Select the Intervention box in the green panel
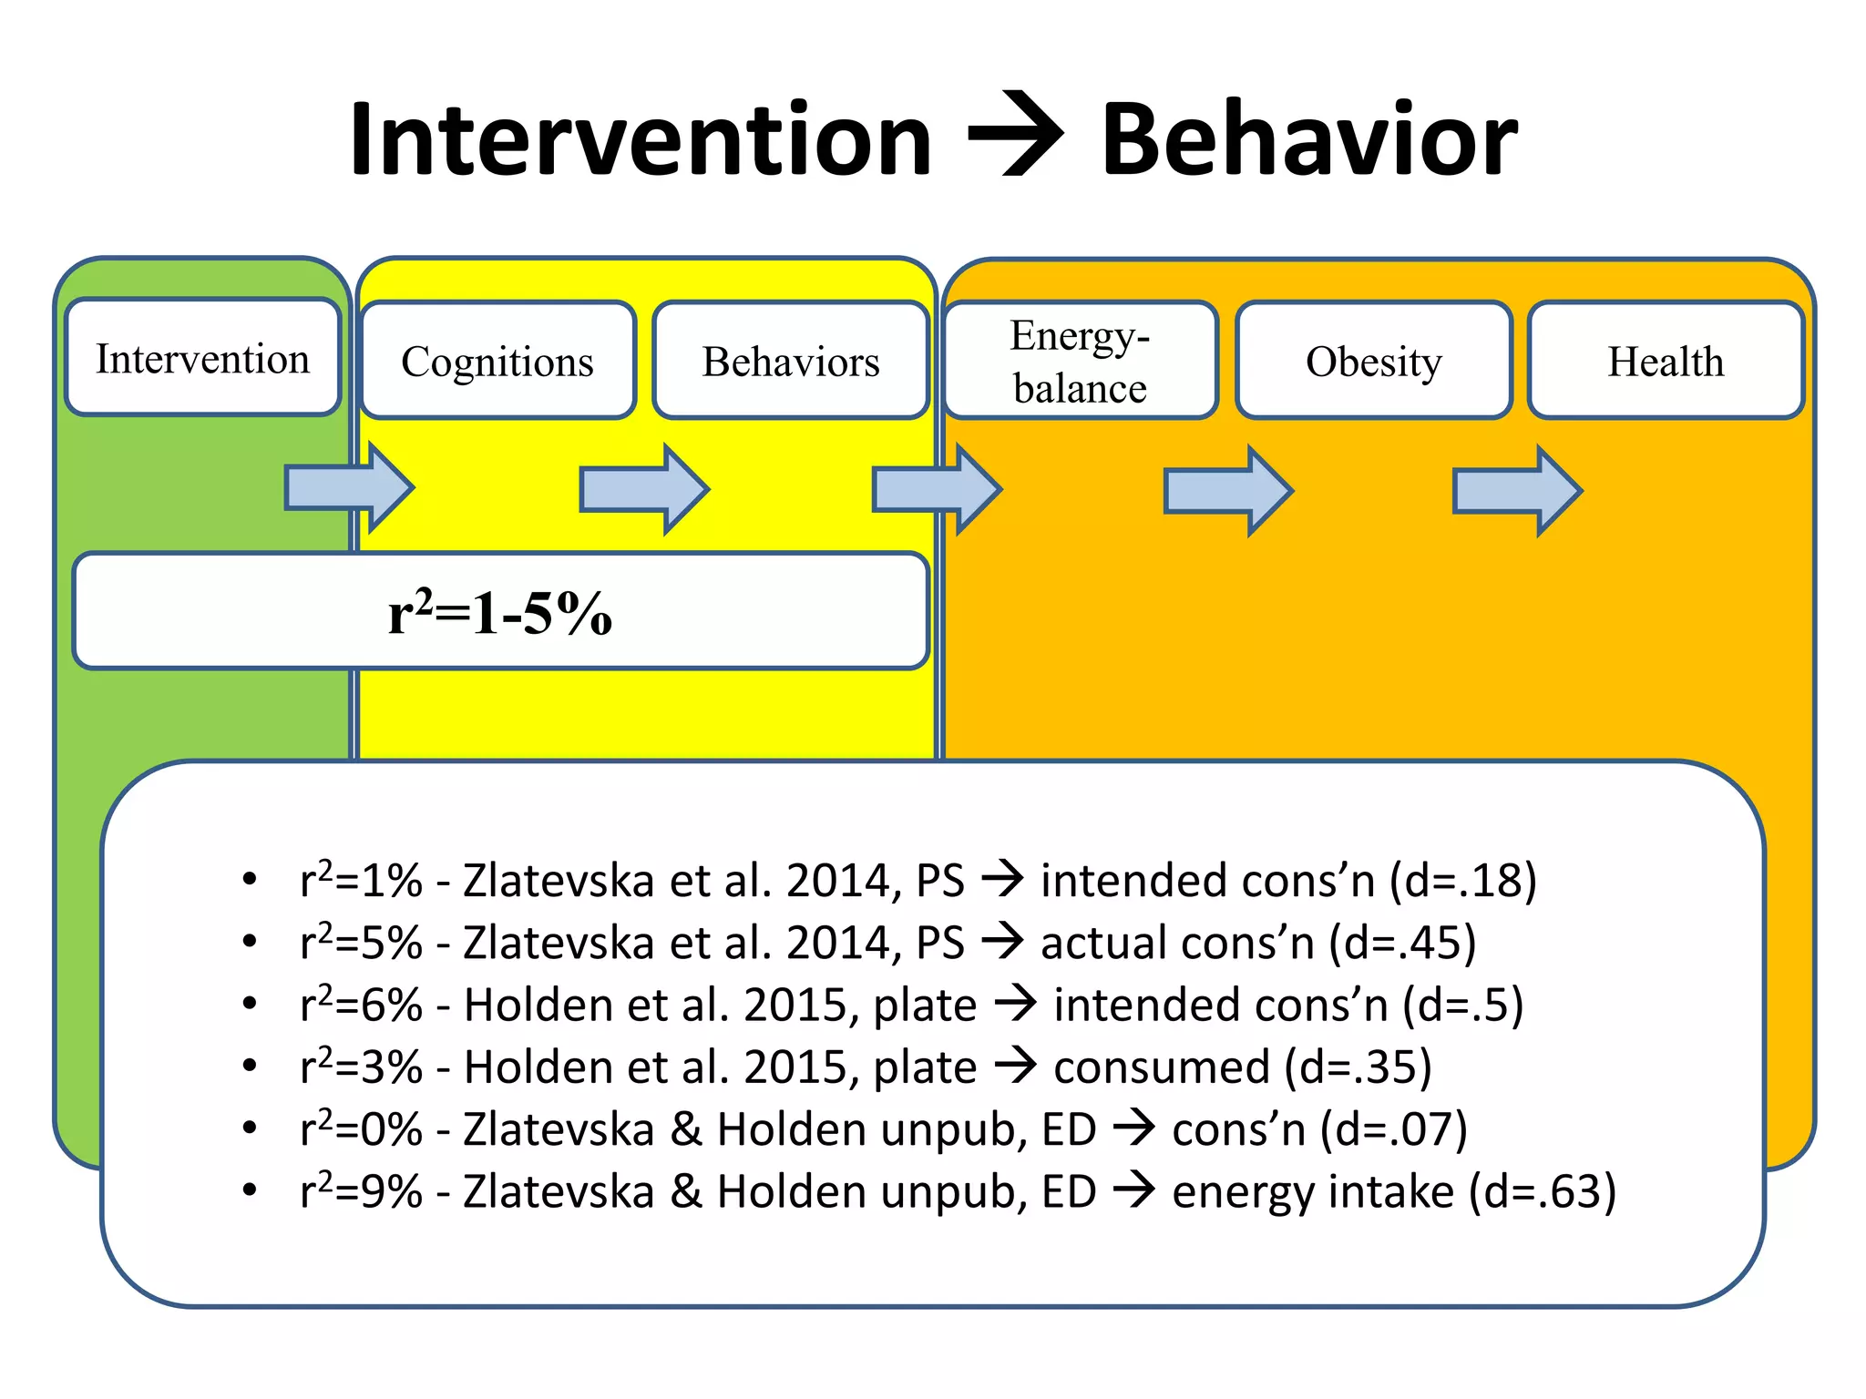[202, 358]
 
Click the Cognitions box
[497, 361]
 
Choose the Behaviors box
[790, 361]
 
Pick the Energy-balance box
[1081, 361]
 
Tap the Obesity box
[1373, 361]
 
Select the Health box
[1666, 361]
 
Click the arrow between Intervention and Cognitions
[350, 488]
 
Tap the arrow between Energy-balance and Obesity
[1228, 491]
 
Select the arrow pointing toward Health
[1517, 491]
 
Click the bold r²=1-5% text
[499, 612]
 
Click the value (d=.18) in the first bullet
[1463, 881]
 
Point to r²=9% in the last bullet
[361, 1191]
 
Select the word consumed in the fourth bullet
[1161, 1067]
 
